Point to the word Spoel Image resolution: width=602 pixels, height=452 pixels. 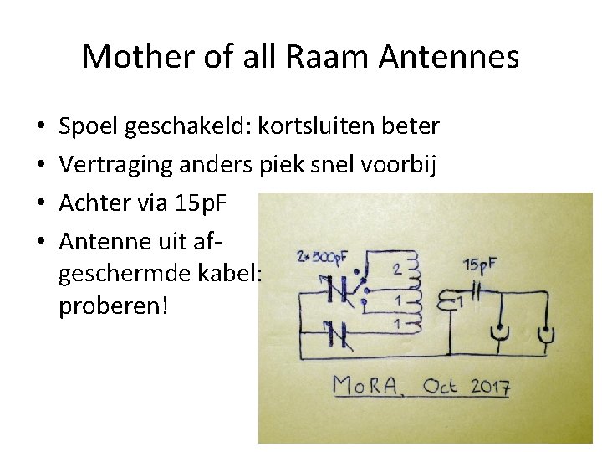point(88,126)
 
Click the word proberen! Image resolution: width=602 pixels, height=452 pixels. point(114,306)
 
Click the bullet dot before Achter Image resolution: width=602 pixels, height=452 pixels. point(42,203)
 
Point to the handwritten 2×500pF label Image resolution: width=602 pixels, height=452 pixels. point(319,255)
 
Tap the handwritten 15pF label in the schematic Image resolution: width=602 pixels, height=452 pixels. point(480,265)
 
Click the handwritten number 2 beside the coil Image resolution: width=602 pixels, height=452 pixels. point(397,270)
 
